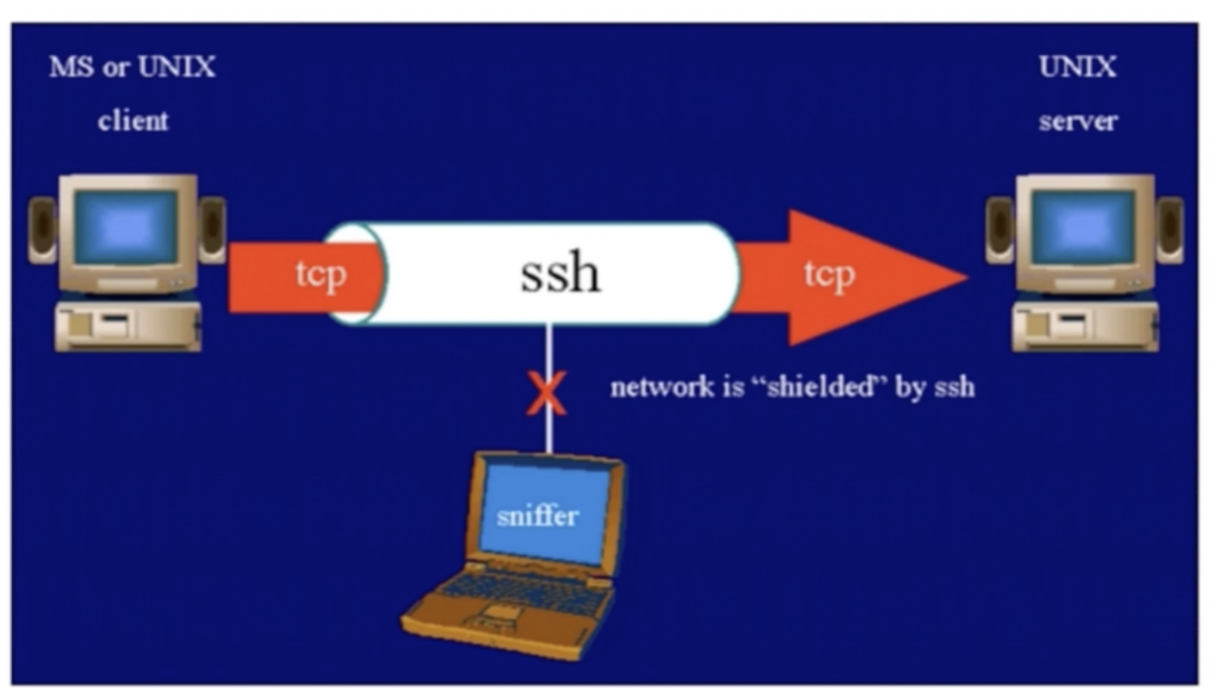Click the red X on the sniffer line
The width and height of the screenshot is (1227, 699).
[x=546, y=393]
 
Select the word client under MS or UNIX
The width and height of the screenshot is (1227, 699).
[x=133, y=121]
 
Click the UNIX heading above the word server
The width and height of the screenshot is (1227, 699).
[x=1078, y=67]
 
